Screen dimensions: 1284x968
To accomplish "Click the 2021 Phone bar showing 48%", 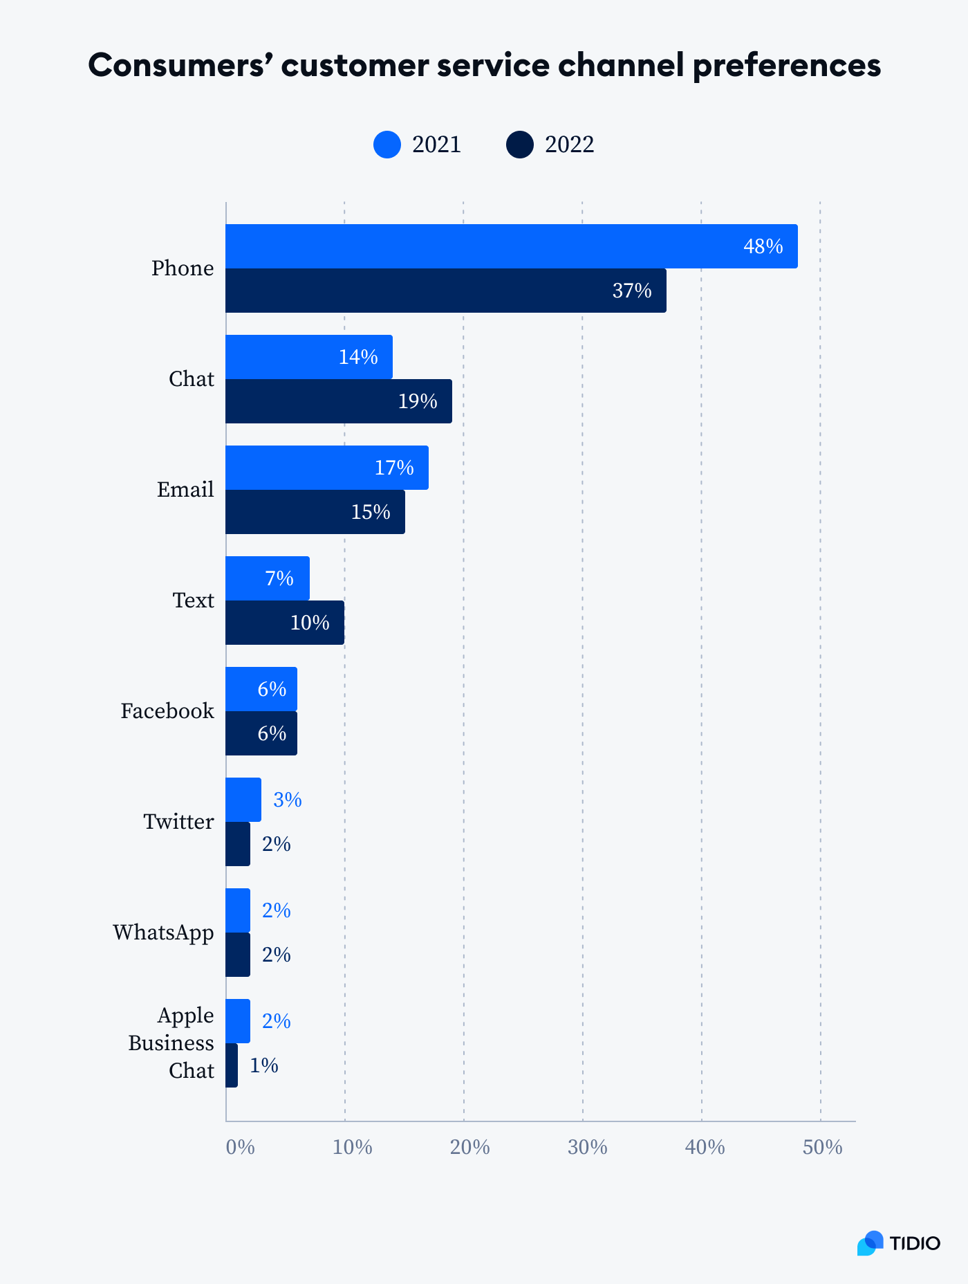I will (512, 246).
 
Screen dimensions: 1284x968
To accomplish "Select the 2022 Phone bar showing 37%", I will (446, 291).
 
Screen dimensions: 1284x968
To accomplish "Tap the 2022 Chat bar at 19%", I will (339, 401).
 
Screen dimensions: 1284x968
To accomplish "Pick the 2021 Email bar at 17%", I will (327, 468).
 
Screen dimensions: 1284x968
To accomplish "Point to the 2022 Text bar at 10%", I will (285, 623).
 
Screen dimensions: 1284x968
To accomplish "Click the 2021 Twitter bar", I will (243, 800).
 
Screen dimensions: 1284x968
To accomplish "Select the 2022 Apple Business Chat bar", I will (232, 1065).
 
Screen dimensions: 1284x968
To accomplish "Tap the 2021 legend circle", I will (387, 145).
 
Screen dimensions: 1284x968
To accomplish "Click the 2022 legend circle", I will (520, 145).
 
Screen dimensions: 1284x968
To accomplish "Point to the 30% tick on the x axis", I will (587, 1148).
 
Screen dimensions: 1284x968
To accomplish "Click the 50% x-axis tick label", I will (822, 1148).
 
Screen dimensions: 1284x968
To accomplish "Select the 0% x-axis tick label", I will (241, 1148).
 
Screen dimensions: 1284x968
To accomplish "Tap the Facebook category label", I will (167, 711).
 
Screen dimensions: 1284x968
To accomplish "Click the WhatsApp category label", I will (164, 933).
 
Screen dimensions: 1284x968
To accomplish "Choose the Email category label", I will (185, 490).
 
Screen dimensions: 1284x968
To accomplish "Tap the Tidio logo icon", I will (871, 1243).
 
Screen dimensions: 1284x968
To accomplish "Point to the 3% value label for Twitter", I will (288, 800).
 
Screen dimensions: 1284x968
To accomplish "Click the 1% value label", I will (264, 1065).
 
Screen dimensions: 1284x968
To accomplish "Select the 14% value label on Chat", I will (358, 357).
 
